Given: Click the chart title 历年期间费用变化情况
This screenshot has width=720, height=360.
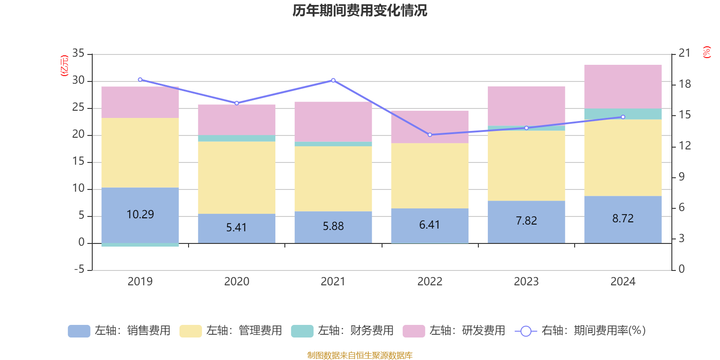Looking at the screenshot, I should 360,10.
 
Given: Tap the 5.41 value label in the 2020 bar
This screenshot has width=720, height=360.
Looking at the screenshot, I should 236,228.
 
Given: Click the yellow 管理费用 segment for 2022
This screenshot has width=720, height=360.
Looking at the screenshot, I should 430,175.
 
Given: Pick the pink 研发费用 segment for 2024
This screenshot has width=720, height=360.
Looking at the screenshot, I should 623,86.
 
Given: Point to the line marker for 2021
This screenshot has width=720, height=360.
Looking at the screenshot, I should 333,81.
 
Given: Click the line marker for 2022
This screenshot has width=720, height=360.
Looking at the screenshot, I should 430,135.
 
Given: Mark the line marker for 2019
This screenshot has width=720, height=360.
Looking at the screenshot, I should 140,80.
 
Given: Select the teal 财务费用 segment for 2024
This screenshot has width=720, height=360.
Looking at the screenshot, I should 623,114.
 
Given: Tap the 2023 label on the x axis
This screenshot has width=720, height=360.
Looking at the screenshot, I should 526,282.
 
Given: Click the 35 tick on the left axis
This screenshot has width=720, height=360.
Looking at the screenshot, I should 78,54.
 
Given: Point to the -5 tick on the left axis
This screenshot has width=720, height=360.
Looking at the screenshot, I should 78,270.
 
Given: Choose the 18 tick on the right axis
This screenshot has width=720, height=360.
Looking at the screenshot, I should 685,84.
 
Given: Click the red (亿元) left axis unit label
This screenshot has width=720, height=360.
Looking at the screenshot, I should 64,66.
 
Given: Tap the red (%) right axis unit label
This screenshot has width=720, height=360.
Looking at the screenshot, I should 707,52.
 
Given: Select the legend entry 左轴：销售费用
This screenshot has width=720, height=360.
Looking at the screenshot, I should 119,331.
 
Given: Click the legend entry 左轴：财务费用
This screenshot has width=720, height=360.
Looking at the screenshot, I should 342,331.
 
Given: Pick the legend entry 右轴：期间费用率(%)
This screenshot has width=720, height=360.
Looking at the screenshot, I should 580,331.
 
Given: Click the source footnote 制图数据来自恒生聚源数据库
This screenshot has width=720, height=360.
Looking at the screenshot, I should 360,355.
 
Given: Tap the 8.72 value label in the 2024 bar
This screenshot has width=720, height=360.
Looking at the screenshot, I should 623,219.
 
